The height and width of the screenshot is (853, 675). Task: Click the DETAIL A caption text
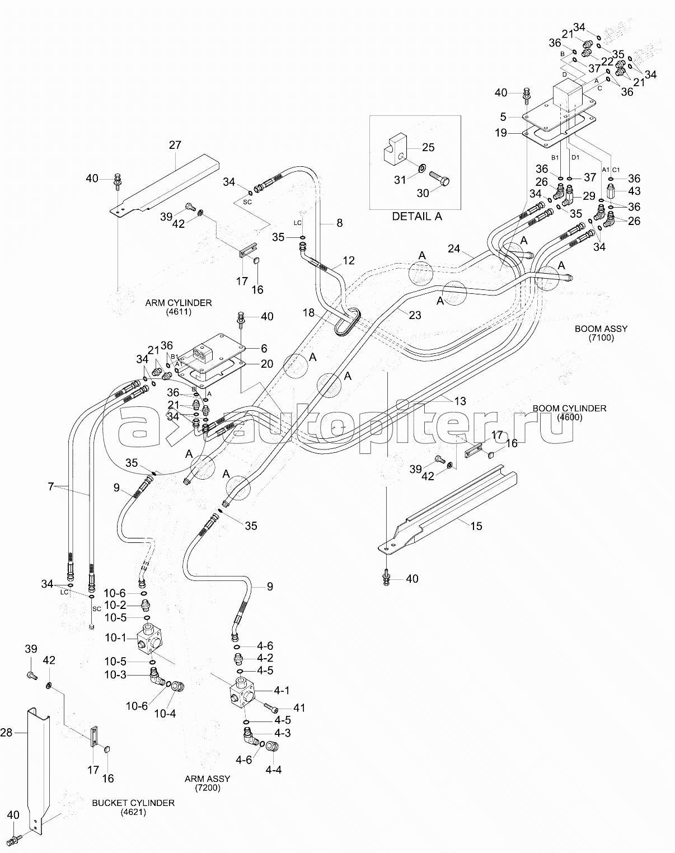[x=417, y=216]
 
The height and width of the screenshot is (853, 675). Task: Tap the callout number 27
[x=175, y=145]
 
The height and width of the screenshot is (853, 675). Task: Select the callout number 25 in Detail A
[x=428, y=148]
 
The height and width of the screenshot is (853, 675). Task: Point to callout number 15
[x=476, y=526]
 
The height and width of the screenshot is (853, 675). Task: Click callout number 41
[x=299, y=708]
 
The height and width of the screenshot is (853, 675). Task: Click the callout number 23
[x=415, y=315]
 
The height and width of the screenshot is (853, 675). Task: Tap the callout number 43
[x=634, y=191]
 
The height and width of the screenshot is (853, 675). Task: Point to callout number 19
[x=501, y=133]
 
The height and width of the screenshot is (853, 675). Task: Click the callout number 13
[x=460, y=401]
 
